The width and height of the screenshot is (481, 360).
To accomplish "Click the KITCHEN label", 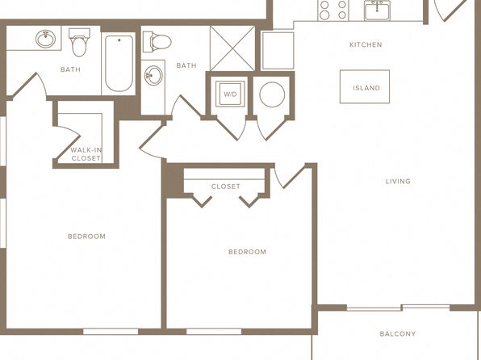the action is coord(366,45).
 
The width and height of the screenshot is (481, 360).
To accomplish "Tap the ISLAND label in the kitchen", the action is coord(366,88).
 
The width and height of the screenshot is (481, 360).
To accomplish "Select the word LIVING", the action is coord(398,182).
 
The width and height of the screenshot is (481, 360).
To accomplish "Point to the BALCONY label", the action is coord(398,333).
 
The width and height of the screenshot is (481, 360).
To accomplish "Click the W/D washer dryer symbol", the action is coord(230,94).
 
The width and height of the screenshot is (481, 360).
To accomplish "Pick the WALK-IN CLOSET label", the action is coord(86,154).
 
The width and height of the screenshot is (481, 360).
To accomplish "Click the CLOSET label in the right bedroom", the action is coord(225,186).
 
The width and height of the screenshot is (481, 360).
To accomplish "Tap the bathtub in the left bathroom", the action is coord(119,63).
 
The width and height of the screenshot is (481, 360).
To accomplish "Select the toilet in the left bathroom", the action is coord(79,42).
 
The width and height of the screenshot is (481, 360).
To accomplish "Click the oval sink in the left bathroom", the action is coord(46,39).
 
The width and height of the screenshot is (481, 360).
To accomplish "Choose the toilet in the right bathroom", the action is coord(157,41).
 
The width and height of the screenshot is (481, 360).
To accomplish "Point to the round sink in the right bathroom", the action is coord(153,75).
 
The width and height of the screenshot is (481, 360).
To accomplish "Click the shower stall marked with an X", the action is coord(232,48).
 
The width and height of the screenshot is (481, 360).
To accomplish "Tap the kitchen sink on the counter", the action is coord(377,10).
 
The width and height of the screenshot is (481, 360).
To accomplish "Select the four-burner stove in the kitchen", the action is coord(333,10).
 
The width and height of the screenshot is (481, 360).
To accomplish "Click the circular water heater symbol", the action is coord(272,94).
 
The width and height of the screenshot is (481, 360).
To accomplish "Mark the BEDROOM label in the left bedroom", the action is coord(86,237).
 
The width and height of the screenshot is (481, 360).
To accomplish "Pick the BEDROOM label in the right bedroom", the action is coord(247,252).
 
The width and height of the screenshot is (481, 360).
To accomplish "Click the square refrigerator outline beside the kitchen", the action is coord(278,50).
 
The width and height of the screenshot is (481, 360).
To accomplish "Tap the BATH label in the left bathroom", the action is coord(70,69).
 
